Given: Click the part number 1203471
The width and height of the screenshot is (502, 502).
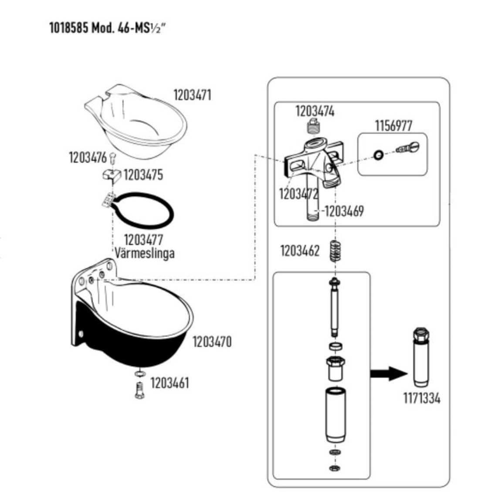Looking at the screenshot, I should point(192,95).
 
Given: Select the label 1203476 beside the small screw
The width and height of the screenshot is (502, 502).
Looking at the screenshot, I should point(88,157).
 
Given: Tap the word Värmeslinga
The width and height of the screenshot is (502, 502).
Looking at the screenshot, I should point(144,253).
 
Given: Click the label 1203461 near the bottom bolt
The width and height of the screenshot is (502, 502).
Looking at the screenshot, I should point(170,383).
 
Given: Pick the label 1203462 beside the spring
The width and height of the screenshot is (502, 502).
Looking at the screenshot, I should point(300,251).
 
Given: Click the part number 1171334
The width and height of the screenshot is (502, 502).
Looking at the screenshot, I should point(421,398).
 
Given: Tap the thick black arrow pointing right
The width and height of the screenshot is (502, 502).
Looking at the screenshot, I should point(388,373).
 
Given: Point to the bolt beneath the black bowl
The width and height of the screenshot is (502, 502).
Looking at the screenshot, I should point(139,390).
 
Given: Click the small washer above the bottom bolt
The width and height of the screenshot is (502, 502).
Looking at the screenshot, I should point(139,373).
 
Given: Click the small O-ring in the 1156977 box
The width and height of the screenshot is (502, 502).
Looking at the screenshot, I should point(379,154).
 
